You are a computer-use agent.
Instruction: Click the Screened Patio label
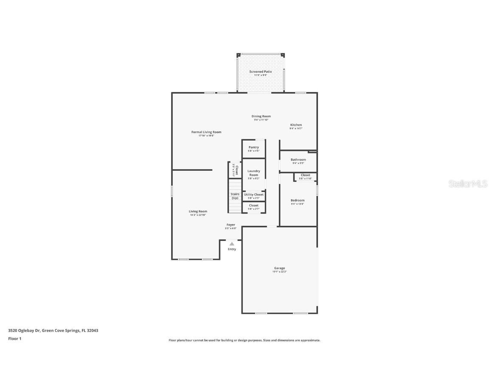pos(260,72)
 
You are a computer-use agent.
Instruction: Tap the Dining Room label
pos(261,116)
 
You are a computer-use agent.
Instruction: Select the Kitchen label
pos(296,125)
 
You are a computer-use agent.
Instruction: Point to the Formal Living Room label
pos(206,132)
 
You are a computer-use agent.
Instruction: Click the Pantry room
pos(253,149)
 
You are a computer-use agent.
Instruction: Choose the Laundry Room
pos(253,174)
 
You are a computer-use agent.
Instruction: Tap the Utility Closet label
pos(253,195)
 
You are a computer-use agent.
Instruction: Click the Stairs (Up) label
pos(235,196)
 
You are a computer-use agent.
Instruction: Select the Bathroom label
pos(298,160)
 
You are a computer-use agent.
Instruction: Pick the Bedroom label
pos(297,200)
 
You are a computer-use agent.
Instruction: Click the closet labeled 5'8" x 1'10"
pos(305,176)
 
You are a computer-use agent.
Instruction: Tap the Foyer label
pos(230,225)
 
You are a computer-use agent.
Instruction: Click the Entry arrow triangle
pos(232,244)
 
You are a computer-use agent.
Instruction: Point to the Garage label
pos(279,268)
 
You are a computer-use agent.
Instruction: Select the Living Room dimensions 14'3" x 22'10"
pos(198,215)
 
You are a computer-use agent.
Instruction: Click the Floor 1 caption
pos(14,339)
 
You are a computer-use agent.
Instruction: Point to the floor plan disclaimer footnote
pos(244,340)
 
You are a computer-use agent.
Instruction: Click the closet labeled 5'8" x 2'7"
pos(253,207)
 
